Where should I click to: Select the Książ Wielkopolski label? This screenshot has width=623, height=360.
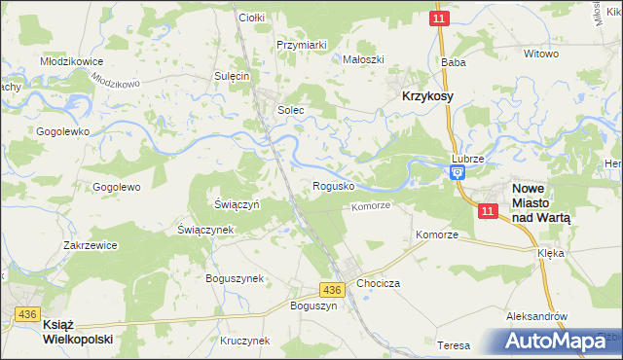78,333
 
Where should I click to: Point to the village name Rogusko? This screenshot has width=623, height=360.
333,185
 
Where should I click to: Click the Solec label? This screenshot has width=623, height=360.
291,111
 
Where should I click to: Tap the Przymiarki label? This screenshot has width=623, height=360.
301,45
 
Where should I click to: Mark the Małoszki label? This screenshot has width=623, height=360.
363,59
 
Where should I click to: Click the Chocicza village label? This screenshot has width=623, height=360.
378,283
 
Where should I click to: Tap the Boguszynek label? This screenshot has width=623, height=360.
235,278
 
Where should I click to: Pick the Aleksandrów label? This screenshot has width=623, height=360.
536,317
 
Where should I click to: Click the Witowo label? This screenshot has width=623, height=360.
541,54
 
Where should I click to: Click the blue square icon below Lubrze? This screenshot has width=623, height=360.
457,172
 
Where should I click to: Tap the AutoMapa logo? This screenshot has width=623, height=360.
559,342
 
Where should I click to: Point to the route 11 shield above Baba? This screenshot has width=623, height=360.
441,18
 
